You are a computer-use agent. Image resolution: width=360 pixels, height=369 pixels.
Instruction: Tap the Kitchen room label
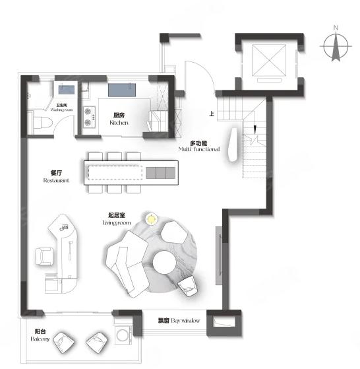click(x=119, y=119)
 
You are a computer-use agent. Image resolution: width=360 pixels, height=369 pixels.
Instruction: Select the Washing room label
click(x=61, y=108)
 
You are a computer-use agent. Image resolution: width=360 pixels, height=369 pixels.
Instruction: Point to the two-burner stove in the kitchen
click(x=89, y=117)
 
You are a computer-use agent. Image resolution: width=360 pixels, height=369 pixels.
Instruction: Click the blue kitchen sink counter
click(x=122, y=90)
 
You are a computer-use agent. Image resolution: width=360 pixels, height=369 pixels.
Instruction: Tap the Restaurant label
click(x=56, y=176)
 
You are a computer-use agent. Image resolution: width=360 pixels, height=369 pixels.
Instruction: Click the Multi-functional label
click(x=199, y=146)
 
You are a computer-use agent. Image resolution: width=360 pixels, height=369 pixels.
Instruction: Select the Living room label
click(x=117, y=219)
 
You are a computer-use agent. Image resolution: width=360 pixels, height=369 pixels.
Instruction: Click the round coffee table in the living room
click(x=164, y=262)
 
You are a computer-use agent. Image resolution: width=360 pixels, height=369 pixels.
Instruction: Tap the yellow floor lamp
click(x=152, y=219)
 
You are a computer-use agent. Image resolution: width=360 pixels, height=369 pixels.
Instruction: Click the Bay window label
click(x=179, y=321)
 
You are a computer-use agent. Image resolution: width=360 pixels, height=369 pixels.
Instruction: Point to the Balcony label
click(x=40, y=335)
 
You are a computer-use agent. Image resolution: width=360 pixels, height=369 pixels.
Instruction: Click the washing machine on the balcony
click(x=123, y=335)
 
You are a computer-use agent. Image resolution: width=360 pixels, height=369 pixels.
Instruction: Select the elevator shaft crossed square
click(x=269, y=60)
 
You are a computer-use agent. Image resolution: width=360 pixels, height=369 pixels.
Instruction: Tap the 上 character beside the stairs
click(x=212, y=114)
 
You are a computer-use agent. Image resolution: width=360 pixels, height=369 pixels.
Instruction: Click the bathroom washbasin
click(x=67, y=90)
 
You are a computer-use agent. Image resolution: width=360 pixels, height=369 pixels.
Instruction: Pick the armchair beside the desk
click(x=44, y=256)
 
